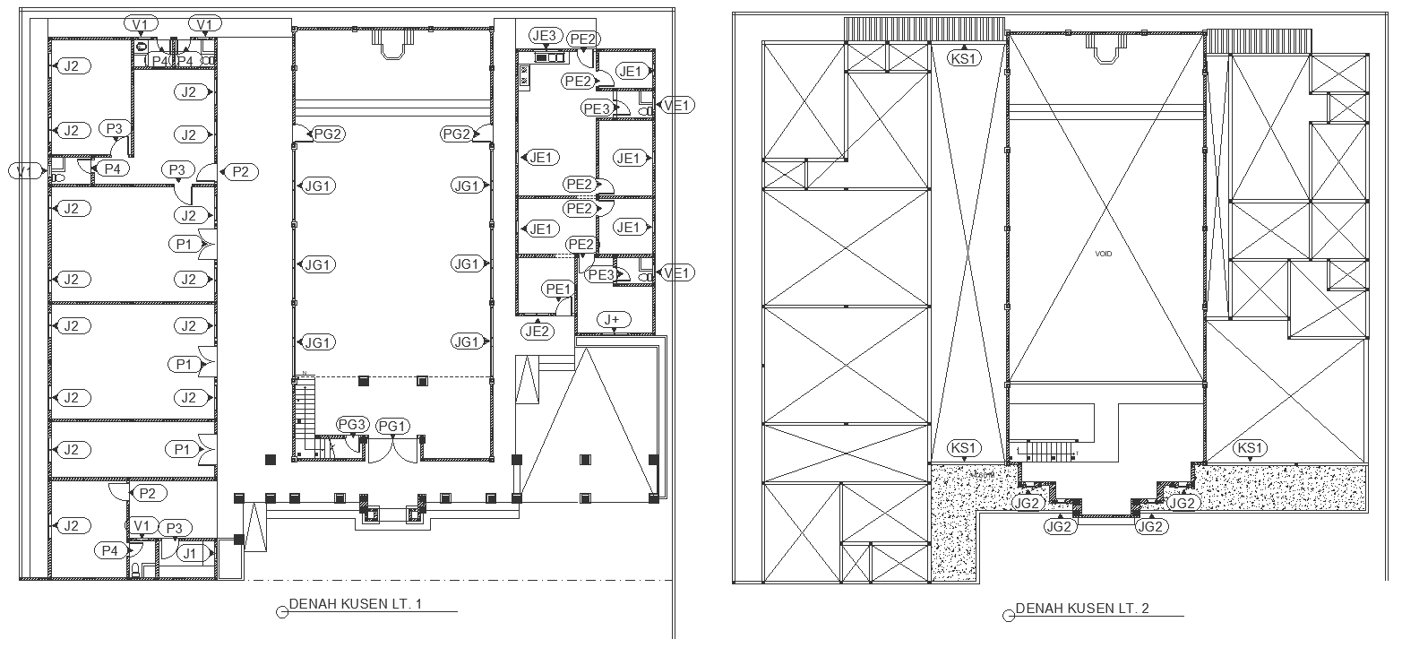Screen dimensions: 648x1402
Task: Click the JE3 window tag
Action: coord(545,36)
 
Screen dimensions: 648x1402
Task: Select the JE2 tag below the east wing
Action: coord(538,332)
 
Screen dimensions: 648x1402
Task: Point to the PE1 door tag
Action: coord(559,289)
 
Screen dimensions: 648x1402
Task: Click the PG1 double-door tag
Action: coord(393,426)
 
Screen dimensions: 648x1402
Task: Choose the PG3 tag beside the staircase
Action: coord(352,424)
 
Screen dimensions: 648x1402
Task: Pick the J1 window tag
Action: coord(190,554)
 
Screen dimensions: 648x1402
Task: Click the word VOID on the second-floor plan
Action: coord(1103,255)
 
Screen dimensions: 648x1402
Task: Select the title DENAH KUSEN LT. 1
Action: coord(355,604)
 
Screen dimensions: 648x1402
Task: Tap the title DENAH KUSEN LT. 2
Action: coord(1081,609)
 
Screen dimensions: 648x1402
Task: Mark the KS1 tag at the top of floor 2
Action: coord(965,58)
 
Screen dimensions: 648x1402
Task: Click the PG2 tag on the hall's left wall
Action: coord(328,134)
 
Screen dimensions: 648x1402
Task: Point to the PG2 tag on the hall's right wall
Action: coord(457,134)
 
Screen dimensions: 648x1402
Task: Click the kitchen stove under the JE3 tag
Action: coord(546,57)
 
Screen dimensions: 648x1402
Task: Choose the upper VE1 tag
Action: coord(677,105)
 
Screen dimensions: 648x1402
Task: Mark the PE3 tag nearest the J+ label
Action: coord(600,275)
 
